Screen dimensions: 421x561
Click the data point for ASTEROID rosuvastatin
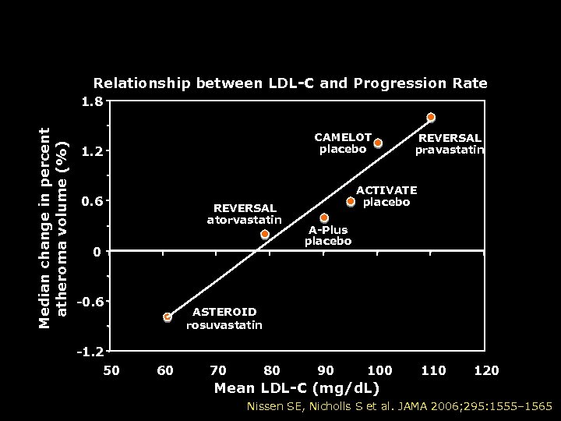click(x=168, y=317)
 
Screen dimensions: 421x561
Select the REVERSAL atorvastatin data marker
click(x=265, y=234)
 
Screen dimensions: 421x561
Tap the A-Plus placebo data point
click(x=324, y=218)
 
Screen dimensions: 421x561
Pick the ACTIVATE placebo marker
click(x=351, y=202)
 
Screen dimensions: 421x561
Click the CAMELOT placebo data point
click(x=378, y=143)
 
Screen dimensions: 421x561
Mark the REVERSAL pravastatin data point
click(x=431, y=118)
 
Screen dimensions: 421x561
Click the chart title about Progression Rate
click(x=290, y=83)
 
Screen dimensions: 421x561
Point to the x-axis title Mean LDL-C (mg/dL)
click(x=297, y=387)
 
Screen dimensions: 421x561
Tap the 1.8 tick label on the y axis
click(x=93, y=101)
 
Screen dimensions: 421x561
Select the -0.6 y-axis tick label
click(x=90, y=302)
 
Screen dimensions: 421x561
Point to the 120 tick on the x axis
click(x=487, y=370)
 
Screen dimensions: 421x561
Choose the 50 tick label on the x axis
click(x=111, y=370)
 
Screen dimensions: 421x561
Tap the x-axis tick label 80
click(x=272, y=370)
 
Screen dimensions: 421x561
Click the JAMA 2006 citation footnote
click(x=399, y=406)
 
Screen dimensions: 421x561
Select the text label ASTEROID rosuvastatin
click(x=224, y=318)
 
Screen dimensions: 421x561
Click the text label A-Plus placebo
click(x=328, y=235)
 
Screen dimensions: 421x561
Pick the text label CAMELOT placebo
click(x=343, y=143)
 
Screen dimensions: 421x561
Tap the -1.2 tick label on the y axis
click(x=90, y=352)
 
